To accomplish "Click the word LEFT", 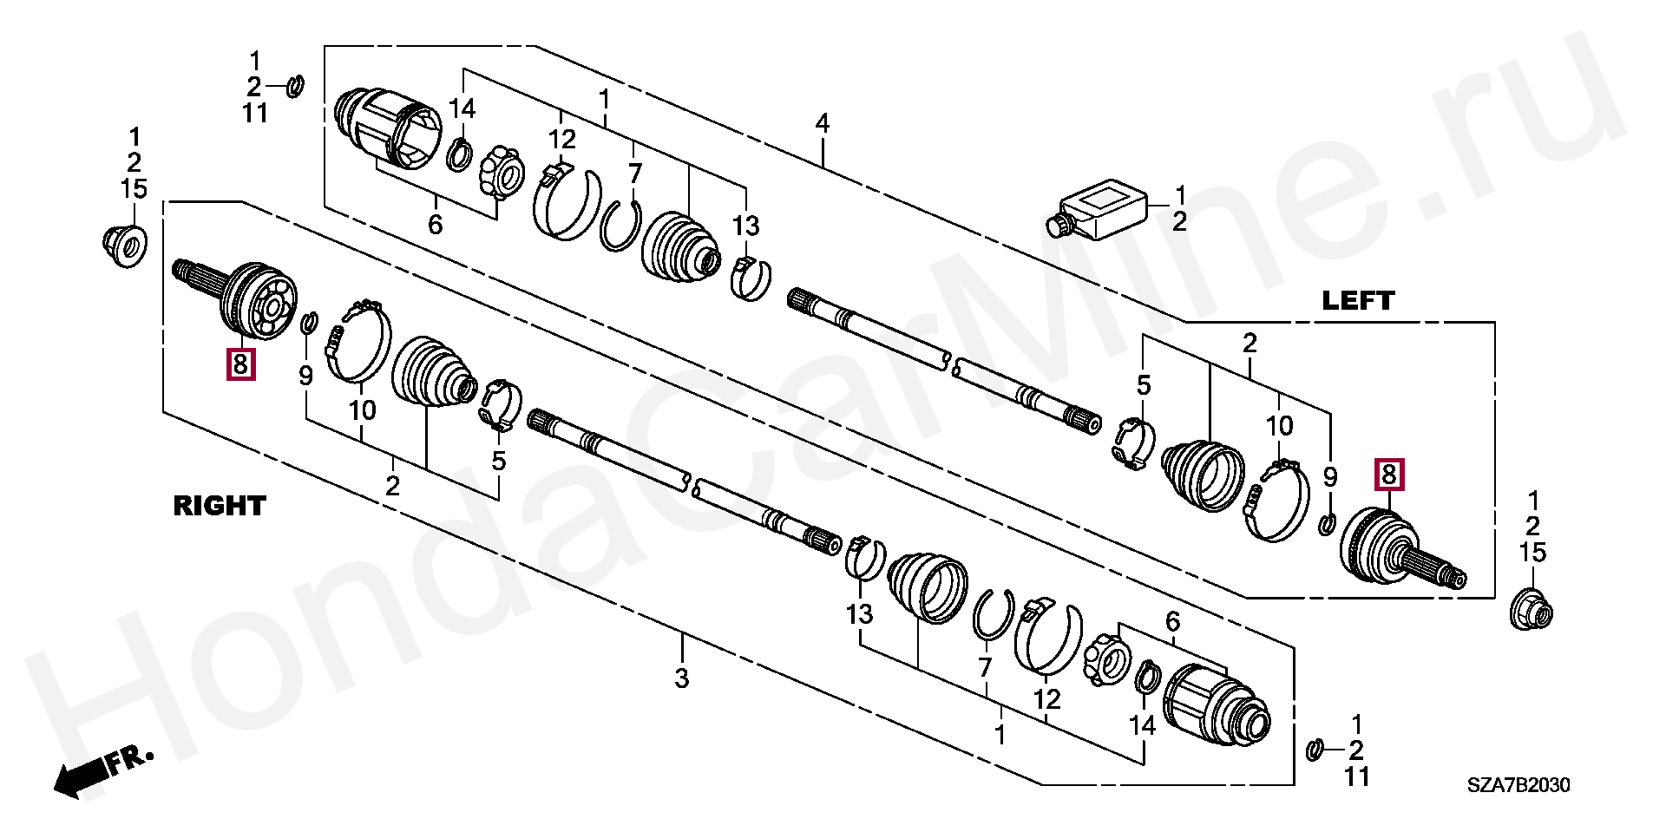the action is click(1357, 301).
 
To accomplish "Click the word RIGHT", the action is click(219, 506).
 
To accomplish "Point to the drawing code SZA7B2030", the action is click(1518, 786).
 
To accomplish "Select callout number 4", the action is click(822, 123).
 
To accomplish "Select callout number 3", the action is click(682, 678).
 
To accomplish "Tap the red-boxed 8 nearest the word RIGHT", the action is click(240, 364).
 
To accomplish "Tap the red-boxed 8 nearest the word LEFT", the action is click(1388, 475).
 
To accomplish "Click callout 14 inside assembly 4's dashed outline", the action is click(462, 108).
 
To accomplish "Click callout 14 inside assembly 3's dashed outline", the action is click(1142, 725).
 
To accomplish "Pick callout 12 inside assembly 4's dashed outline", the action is click(561, 139).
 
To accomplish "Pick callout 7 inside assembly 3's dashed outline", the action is click(985, 667).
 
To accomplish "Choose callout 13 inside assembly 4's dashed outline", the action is click(745, 226).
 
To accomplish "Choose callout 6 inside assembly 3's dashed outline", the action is click(1172, 621).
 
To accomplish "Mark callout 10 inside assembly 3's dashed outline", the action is click(362, 409).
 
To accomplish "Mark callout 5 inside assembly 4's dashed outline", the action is click(1144, 385).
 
